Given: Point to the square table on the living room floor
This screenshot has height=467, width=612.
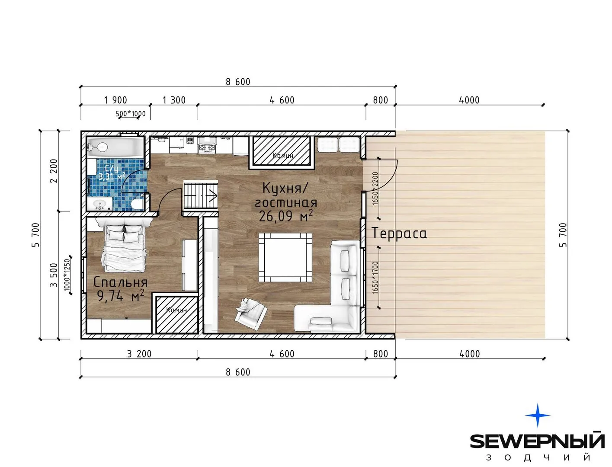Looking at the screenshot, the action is click(x=285, y=257).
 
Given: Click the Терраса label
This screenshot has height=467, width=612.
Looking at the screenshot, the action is click(x=399, y=233).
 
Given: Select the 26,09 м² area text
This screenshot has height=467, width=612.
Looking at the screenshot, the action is click(x=285, y=216).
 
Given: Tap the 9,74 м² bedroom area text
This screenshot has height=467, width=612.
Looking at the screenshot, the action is click(x=120, y=296).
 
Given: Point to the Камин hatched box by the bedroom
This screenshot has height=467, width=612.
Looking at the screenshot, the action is click(x=177, y=314).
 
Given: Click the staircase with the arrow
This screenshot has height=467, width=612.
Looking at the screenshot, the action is click(x=201, y=195).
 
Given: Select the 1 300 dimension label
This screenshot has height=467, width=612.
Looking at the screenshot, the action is click(x=174, y=100).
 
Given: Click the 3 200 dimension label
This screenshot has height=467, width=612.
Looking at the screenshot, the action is click(x=139, y=354).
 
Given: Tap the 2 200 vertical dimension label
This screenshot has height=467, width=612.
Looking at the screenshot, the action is click(x=54, y=171).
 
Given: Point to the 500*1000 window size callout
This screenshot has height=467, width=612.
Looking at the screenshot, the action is click(x=131, y=114).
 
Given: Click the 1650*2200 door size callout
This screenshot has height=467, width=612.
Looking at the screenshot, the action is click(x=375, y=189).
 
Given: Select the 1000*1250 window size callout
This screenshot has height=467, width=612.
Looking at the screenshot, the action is click(x=67, y=275).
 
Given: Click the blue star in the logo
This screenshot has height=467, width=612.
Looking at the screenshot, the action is click(x=538, y=415).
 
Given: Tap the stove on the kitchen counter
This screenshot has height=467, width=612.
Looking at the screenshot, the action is click(x=207, y=145).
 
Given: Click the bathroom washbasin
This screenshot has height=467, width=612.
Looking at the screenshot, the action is click(x=99, y=204).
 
